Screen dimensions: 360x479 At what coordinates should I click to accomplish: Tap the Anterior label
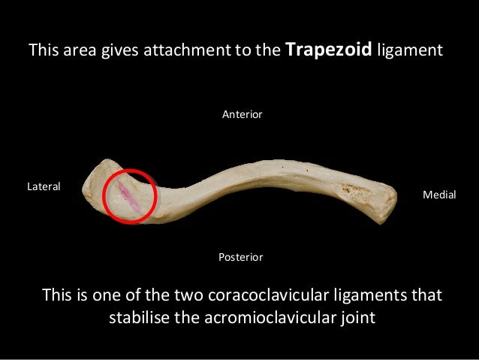[x=242, y=114]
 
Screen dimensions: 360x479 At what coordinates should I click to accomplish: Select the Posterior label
[x=240, y=257]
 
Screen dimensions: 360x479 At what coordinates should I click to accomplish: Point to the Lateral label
[x=44, y=185]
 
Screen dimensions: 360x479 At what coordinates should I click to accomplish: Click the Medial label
[x=440, y=194]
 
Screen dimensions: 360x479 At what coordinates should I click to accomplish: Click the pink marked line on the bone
[x=126, y=197]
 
